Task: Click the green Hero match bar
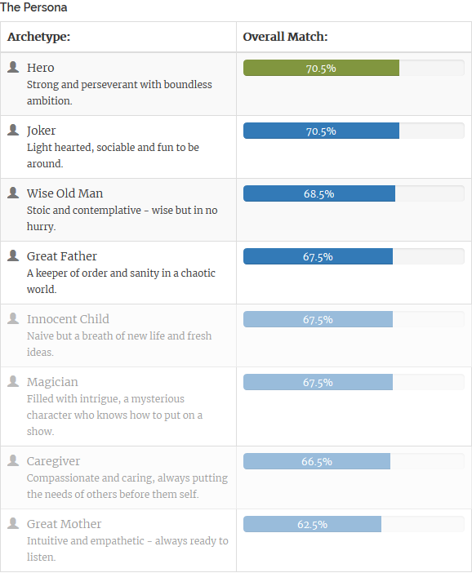click(x=322, y=68)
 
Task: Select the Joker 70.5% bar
click(x=322, y=131)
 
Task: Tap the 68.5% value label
click(x=318, y=193)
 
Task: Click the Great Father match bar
click(x=318, y=256)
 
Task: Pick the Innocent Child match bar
click(x=318, y=319)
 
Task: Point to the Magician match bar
click(x=318, y=382)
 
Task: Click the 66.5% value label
click(x=317, y=461)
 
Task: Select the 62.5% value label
click(x=312, y=524)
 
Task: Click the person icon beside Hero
click(x=13, y=67)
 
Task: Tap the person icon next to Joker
click(x=13, y=130)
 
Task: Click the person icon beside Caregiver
click(x=13, y=460)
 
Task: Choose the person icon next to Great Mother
click(x=13, y=523)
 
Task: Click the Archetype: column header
click(x=38, y=37)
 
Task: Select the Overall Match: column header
click(x=285, y=37)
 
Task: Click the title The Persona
click(x=33, y=7)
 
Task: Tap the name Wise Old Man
click(x=65, y=193)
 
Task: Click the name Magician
click(x=52, y=382)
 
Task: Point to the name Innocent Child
click(x=68, y=319)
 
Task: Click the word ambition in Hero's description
click(x=49, y=100)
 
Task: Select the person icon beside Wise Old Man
click(x=13, y=193)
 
